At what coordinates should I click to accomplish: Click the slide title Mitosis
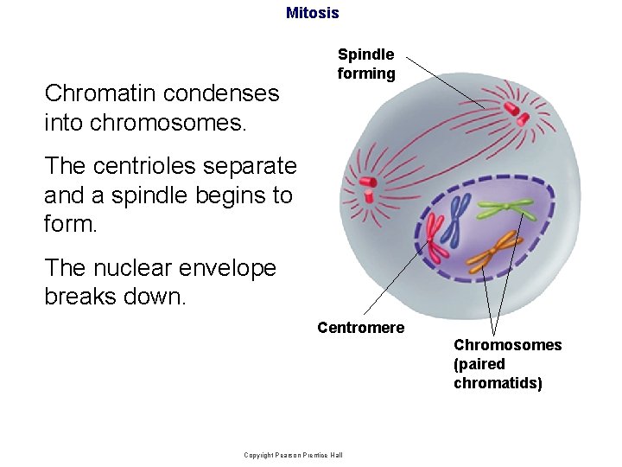312,13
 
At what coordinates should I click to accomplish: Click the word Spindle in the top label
365,54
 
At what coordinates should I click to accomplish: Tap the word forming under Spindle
365,74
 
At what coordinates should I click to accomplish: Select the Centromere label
360,327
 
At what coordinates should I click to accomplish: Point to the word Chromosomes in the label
507,345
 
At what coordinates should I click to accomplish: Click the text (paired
479,364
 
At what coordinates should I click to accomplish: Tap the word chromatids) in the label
498,383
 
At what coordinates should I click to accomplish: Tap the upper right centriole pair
515,110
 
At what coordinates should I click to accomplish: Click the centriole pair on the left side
366,189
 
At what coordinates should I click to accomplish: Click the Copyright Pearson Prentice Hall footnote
293,455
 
